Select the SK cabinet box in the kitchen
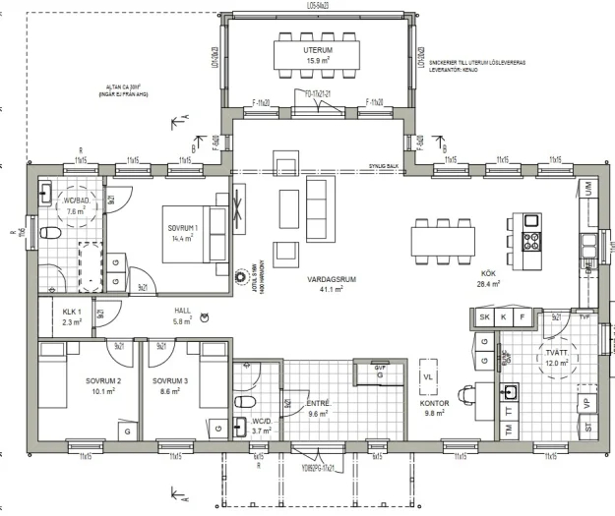(x=483, y=316)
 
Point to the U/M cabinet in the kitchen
(x=587, y=186)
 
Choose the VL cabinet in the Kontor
(x=428, y=376)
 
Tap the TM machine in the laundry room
(x=510, y=430)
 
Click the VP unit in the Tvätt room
(x=586, y=402)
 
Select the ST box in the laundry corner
(x=587, y=429)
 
